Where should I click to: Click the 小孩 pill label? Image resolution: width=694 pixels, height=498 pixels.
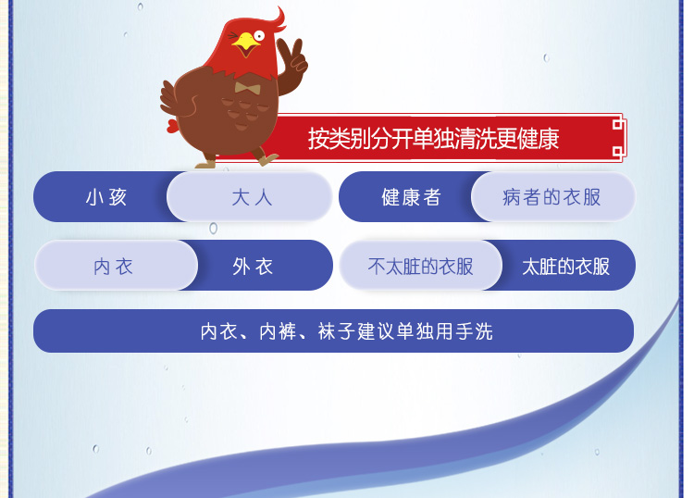(x=106, y=197)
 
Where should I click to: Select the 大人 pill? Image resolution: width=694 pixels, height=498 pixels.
(x=250, y=196)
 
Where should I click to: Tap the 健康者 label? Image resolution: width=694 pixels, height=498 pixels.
(x=411, y=197)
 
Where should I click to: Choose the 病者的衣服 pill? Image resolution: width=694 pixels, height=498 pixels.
(x=553, y=196)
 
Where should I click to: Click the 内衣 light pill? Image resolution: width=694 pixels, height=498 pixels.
(x=116, y=266)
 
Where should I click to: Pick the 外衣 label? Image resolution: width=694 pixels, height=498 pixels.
(x=253, y=267)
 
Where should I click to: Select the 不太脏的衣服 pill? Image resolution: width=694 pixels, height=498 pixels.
(x=420, y=266)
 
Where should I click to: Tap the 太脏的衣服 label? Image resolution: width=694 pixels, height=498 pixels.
(x=565, y=267)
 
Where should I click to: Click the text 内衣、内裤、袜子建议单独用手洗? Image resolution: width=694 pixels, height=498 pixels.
(x=347, y=331)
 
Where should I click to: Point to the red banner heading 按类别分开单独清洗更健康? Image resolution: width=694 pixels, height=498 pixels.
(x=434, y=139)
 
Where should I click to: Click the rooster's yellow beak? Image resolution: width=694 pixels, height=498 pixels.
(x=245, y=44)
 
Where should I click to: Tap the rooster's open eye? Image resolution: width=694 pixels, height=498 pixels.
(x=258, y=36)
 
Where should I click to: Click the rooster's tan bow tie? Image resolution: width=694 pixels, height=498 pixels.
(x=247, y=88)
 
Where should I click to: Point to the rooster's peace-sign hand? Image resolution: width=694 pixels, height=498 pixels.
(x=292, y=57)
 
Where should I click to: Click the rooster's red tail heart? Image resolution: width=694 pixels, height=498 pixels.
(x=172, y=126)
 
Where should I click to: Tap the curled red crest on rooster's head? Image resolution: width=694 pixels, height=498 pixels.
(x=278, y=20)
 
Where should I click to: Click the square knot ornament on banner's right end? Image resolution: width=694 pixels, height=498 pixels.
(x=618, y=138)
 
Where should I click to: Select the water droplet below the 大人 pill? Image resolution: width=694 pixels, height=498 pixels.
(x=214, y=229)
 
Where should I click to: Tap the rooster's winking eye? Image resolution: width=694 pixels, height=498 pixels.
(x=233, y=36)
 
